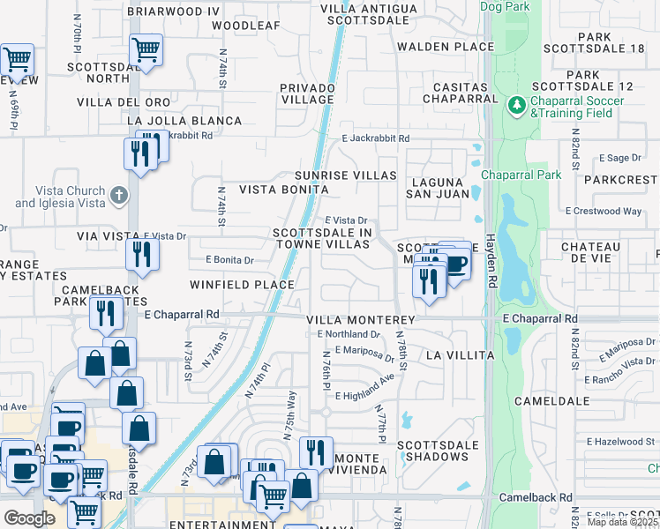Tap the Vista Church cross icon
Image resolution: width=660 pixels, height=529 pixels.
click(120, 195)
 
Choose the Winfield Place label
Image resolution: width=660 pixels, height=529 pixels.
click(242, 284)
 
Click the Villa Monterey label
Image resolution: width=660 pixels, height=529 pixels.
click(360, 319)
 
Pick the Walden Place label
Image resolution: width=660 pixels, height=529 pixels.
click(445, 46)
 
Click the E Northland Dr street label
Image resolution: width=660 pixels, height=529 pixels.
click(348, 334)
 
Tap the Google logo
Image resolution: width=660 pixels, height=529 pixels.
click(30, 518)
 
